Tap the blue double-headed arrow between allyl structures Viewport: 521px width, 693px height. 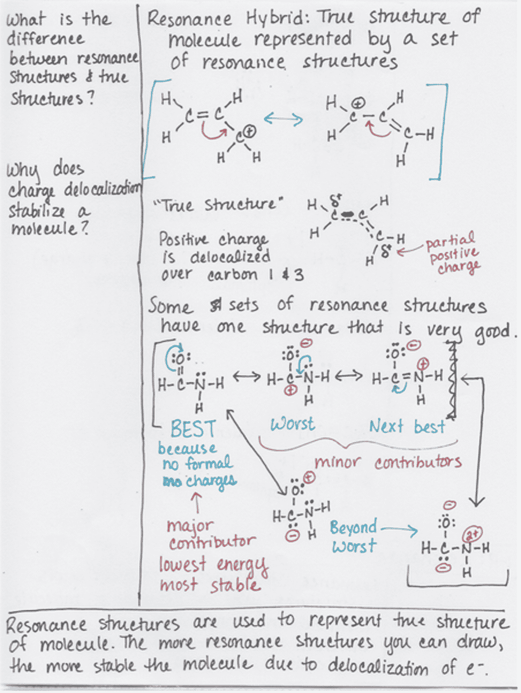coord(283,119)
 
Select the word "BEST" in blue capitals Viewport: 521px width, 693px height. coord(193,429)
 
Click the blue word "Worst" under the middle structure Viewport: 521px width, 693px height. coord(293,424)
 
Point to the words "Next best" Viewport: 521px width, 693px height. coord(407,427)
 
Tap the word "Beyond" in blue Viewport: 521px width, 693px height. coord(353,528)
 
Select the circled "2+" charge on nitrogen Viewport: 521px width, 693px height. coord(473,534)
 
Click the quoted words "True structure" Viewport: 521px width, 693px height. coord(215,204)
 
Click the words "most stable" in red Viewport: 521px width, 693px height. coord(209,585)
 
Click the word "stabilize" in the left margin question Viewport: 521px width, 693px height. coord(36,211)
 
